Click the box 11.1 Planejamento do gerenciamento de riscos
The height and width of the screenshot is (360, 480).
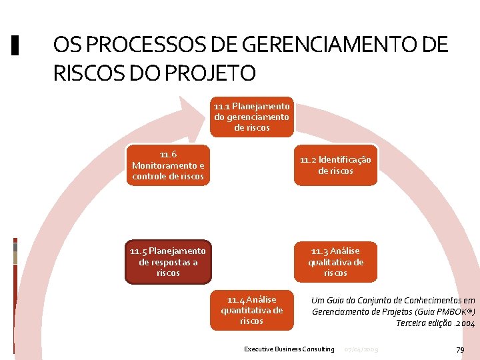pyautogui.click(x=251, y=117)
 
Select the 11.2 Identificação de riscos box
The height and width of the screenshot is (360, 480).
pyautogui.click(x=335, y=165)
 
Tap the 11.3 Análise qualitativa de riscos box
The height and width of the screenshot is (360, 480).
pyautogui.click(x=335, y=261)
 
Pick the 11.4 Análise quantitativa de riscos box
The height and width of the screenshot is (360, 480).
pyautogui.click(x=251, y=310)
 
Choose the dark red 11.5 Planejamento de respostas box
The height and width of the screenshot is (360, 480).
pyautogui.click(x=168, y=261)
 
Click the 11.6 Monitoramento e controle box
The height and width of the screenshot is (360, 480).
pyautogui.click(x=168, y=165)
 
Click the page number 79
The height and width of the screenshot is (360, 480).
pyautogui.click(x=459, y=349)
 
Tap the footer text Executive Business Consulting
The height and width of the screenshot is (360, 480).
pyautogui.click(x=289, y=349)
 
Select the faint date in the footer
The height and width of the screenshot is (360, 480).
pyautogui.click(x=361, y=349)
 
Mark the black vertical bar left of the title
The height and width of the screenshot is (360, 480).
pyautogui.click(x=16, y=45)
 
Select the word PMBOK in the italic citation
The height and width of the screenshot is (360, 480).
pyautogui.click(x=453, y=311)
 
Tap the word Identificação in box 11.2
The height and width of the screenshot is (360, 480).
pyautogui.click(x=345, y=160)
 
